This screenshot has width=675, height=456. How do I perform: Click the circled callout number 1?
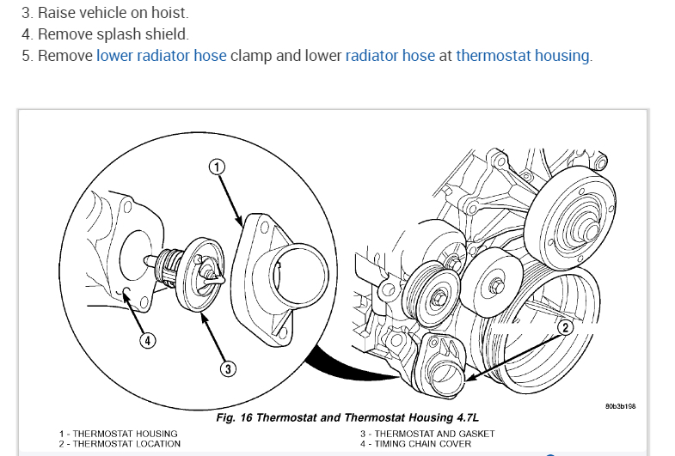pos(218,167)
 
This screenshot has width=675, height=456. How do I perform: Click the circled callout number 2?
pos(565,326)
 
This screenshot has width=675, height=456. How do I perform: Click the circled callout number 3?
pos(228,368)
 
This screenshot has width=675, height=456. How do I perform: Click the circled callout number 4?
pos(148,340)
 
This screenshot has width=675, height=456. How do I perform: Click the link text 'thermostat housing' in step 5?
pos(523,56)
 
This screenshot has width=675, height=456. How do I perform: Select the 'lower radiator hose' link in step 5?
pos(162,56)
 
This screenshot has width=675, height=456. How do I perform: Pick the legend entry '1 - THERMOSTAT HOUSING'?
pos(118,434)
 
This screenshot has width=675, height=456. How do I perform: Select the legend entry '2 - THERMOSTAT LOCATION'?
pos(120,444)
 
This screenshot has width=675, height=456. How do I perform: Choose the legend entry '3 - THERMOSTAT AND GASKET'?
pos(423,434)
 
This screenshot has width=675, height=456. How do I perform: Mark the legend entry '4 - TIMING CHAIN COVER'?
pos(415,444)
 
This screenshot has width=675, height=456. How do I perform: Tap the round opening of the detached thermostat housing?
pos(298,276)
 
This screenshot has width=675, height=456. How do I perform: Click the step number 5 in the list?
pos(25,56)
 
